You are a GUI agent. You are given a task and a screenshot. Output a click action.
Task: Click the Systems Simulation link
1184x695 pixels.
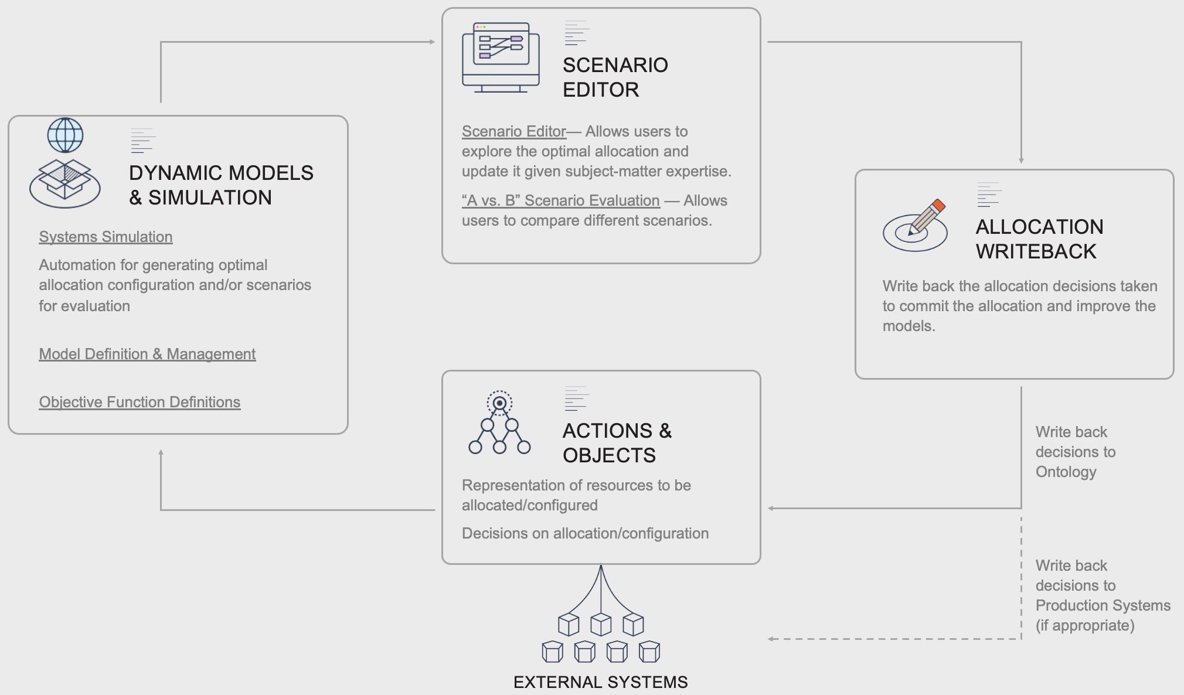106,237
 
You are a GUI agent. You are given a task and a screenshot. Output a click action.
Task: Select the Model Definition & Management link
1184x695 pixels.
147,354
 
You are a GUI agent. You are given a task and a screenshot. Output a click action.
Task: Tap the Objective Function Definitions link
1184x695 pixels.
140,402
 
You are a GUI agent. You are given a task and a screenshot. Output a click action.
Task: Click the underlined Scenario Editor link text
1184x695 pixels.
513,131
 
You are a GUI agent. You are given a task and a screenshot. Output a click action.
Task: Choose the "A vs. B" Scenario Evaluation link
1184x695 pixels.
560,200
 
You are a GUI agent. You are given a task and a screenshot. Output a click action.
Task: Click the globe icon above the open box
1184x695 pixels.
65,135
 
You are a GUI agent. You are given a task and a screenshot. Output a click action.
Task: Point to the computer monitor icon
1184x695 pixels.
501,57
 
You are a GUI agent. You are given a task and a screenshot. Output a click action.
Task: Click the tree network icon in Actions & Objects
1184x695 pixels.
499,423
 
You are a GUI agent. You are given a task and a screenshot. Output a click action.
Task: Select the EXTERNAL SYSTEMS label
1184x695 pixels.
600,682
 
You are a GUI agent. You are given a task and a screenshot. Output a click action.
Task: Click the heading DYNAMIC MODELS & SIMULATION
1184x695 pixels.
221,185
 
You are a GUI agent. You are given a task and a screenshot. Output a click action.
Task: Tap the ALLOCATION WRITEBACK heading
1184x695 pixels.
1039,239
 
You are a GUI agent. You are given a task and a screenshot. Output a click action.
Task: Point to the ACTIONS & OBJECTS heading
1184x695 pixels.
617,443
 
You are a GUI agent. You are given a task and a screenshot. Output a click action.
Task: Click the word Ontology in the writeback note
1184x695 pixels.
1066,472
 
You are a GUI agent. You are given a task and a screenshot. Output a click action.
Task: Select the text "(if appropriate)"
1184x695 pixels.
1085,625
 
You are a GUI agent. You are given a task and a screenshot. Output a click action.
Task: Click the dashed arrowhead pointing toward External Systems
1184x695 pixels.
771,639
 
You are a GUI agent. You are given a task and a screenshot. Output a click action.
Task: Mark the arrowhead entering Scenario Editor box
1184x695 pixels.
432,42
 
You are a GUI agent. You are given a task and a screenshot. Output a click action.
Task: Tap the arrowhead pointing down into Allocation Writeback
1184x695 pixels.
1021,161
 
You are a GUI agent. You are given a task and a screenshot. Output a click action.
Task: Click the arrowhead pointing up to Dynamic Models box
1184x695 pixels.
161,452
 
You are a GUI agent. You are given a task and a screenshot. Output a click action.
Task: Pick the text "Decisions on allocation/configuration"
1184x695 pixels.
585,533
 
